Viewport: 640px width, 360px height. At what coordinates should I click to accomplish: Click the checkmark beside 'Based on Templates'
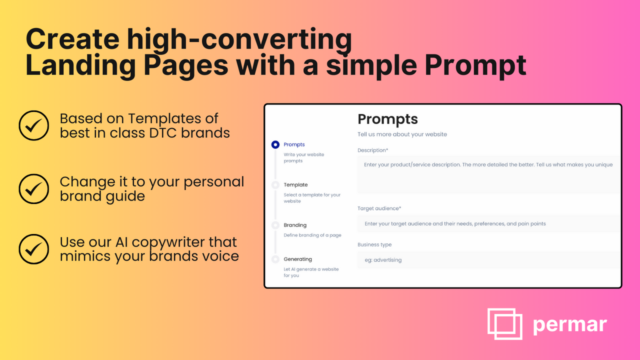pos(33,125)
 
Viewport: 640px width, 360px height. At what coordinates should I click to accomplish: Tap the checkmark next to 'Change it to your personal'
pos(33,188)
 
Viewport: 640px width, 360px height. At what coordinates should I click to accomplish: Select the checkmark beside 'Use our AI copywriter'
pos(33,249)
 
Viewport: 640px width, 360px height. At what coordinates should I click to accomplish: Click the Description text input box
pos(487,174)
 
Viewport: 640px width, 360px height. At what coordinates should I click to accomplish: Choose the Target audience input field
pos(487,223)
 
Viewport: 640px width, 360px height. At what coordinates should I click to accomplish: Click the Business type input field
pos(487,259)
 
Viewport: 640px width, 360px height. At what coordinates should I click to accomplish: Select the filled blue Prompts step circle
pos(275,144)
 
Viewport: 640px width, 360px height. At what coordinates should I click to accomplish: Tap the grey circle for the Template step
pos(275,185)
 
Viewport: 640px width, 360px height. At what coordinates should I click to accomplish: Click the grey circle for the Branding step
pos(275,225)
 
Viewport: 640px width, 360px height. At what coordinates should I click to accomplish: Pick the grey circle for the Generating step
pos(275,259)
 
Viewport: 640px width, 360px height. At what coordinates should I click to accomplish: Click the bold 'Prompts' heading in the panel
pos(387,119)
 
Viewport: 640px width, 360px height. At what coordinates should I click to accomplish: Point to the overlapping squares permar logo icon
pos(504,323)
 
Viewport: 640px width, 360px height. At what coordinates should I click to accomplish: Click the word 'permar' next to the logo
pos(569,325)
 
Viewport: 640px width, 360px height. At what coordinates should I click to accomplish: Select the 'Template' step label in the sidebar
pos(295,185)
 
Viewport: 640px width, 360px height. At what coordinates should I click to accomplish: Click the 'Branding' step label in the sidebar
pos(295,225)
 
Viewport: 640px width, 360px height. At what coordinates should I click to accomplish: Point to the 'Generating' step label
pos(297,259)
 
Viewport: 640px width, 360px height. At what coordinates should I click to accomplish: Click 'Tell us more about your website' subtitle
pos(402,134)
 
